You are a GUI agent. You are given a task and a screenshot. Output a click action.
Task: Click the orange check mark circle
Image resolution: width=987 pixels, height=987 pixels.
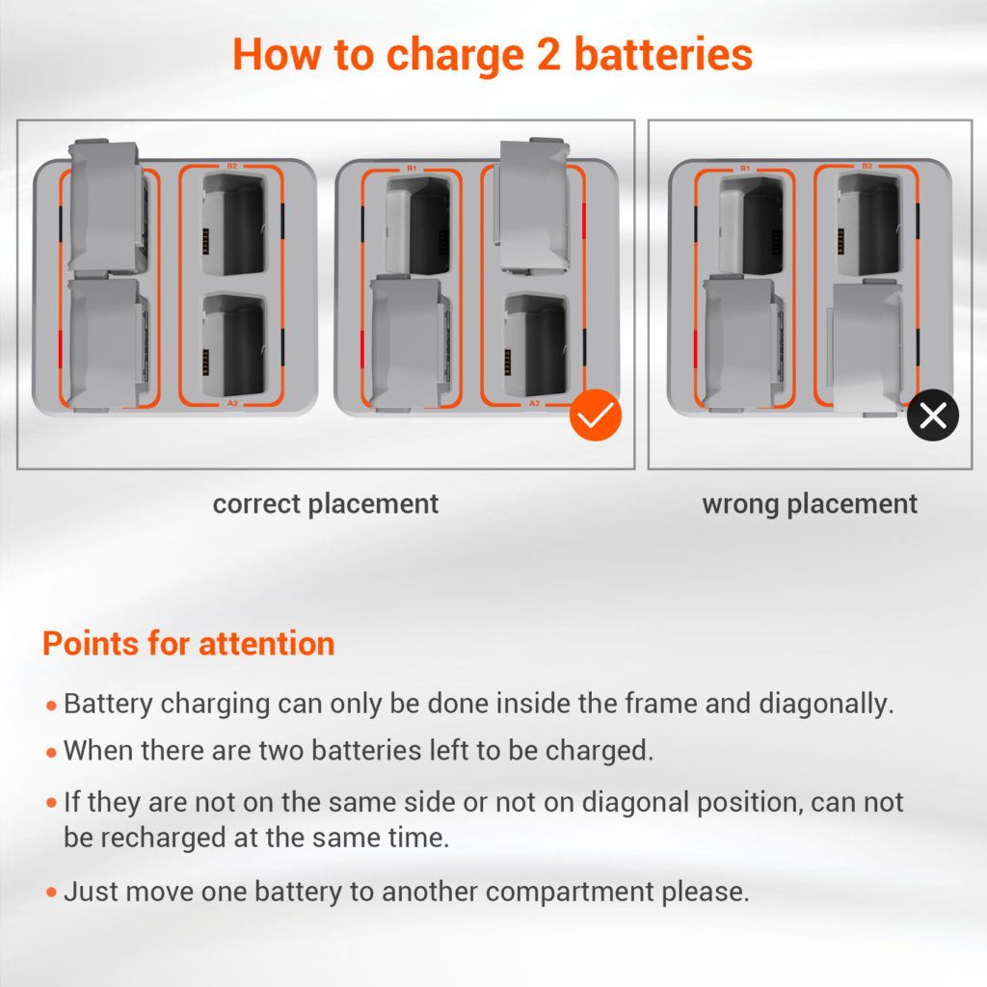(595, 414)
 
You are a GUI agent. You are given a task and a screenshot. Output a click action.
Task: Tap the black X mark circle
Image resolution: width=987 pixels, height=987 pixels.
(932, 414)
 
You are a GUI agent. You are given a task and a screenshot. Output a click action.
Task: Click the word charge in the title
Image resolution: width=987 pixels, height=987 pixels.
(455, 55)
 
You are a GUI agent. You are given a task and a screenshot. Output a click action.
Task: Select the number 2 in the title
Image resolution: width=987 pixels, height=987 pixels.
(548, 54)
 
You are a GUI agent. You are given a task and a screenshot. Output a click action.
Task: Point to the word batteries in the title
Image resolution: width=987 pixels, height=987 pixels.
(663, 54)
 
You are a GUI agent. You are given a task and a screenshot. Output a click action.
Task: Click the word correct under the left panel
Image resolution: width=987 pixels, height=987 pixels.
(256, 504)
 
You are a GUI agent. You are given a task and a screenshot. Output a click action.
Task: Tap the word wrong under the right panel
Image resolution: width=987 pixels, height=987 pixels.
(740, 504)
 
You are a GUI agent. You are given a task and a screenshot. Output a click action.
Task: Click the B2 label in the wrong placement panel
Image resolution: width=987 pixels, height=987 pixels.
(867, 166)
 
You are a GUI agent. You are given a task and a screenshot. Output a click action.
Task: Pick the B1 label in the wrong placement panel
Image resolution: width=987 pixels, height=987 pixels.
(745, 169)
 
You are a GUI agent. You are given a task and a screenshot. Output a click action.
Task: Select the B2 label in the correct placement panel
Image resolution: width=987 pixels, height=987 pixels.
(232, 166)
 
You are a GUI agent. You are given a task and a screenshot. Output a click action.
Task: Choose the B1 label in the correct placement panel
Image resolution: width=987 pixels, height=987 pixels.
(411, 169)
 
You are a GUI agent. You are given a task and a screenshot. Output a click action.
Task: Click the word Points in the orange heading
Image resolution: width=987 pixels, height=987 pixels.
(90, 644)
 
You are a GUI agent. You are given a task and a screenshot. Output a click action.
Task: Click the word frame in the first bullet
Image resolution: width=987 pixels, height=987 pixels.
(655, 704)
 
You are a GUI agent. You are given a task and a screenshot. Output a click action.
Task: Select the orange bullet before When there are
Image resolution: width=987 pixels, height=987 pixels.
(52, 752)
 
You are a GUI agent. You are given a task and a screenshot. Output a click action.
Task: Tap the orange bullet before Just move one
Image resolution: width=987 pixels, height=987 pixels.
(52, 892)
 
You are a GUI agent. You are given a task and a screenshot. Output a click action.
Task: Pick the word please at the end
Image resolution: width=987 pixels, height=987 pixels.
(705, 893)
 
